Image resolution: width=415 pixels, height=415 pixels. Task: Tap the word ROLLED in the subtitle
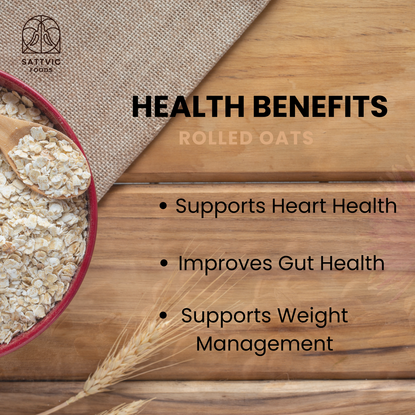point(216,138)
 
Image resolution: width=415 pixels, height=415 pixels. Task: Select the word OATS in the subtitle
point(286,138)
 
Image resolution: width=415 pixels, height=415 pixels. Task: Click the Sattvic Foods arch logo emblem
point(41,34)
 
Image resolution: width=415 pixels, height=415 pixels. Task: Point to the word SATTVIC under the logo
point(41,62)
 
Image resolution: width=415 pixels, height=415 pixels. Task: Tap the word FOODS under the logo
point(41,70)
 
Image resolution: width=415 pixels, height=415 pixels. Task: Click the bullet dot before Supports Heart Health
point(163,206)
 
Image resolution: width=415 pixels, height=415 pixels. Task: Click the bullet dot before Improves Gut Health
point(164,263)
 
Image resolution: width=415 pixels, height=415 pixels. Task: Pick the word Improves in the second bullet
point(225,263)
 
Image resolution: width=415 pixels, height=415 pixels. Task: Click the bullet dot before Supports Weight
point(163,316)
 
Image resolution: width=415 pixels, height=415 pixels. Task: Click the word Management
point(265,344)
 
